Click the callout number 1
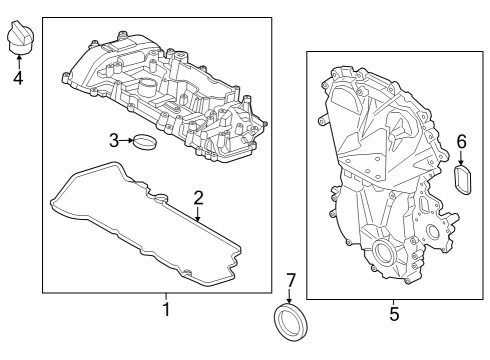[166, 310]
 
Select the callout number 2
[198, 197]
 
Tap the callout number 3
[114, 140]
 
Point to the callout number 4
[18, 76]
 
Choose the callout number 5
[393, 314]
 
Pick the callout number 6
[462, 142]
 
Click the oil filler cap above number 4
[19, 39]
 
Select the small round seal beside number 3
[146, 143]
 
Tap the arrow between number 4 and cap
[18, 58]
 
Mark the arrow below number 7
[289, 296]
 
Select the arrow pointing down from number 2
[198, 212]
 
